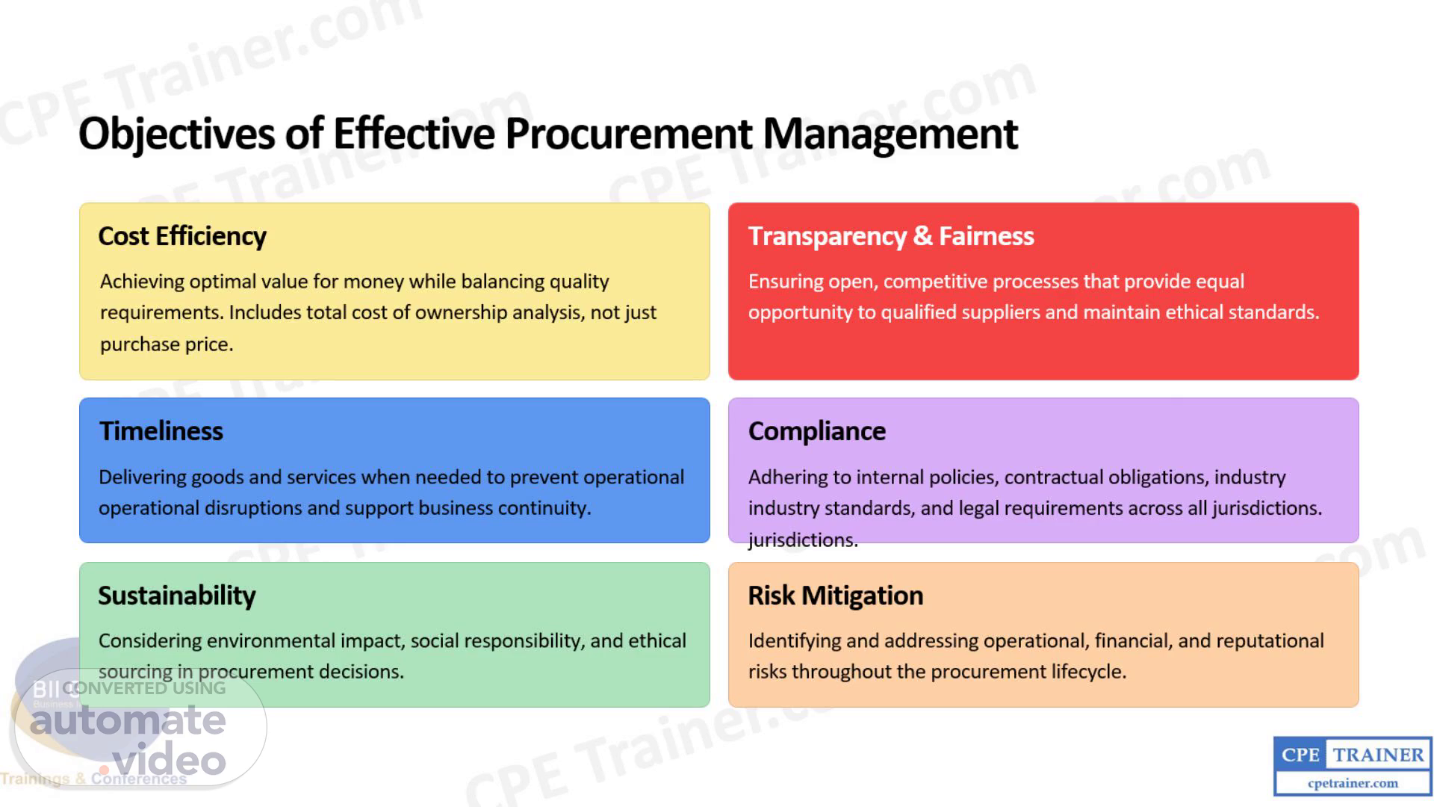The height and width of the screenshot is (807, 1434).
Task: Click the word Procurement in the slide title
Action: (629, 134)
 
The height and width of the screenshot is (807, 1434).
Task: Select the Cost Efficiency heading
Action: (182, 236)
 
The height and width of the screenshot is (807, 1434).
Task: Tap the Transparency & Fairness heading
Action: (891, 236)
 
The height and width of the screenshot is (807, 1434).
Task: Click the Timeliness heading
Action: (161, 431)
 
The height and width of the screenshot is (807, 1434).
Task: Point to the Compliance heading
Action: (817, 432)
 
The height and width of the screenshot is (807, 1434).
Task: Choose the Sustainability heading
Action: (177, 596)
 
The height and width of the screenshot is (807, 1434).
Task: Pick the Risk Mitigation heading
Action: (836, 596)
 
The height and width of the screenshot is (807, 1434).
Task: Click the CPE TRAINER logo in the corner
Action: (1353, 766)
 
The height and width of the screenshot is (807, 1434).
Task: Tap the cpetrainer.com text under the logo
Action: (1353, 783)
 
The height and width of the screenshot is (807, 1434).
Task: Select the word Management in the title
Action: (890, 135)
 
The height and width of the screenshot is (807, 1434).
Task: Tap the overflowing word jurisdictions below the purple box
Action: (803, 540)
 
